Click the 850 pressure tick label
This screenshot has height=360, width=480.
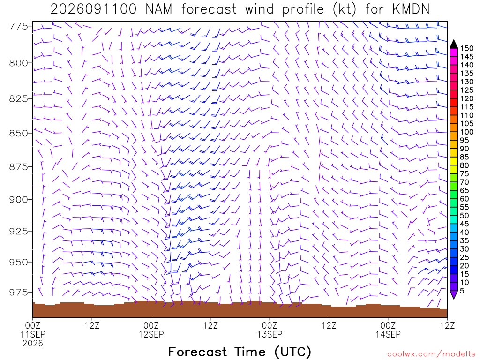[x=19, y=133]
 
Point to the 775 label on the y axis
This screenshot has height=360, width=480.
[x=19, y=26]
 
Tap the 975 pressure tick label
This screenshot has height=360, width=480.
[x=19, y=292]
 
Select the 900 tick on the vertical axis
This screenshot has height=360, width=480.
[x=19, y=200]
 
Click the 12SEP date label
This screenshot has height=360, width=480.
[x=151, y=334]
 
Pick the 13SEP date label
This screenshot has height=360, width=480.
[x=270, y=334]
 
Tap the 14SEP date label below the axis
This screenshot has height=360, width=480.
[x=388, y=334]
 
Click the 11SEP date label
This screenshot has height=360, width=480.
[x=33, y=334]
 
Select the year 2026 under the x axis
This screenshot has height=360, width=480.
[x=33, y=344]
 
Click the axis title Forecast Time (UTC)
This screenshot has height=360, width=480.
[x=240, y=352]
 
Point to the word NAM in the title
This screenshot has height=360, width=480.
[x=158, y=9]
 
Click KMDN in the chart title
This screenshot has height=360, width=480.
[x=411, y=9]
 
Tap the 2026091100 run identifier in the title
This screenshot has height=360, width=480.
[x=93, y=9]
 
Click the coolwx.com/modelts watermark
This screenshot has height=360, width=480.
[x=431, y=354]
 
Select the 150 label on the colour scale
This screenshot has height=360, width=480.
[x=467, y=48]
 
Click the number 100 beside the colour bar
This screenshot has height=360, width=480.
[x=467, y=132]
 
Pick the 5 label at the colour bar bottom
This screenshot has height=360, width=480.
[x=462, y=291]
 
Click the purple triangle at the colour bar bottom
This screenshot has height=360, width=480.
[x=454, y=294]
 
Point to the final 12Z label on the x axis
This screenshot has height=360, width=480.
[x=447, y=325]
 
